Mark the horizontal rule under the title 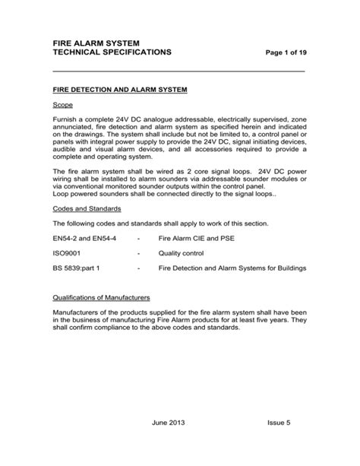178,71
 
